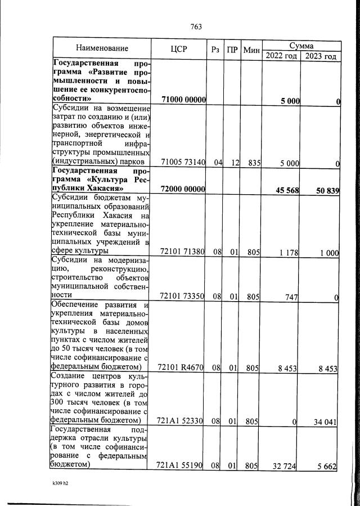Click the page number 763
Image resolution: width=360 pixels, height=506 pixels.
point(196,27)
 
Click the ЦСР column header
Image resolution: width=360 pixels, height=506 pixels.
point(178,49)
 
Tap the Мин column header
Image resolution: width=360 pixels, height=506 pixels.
point(251,50)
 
